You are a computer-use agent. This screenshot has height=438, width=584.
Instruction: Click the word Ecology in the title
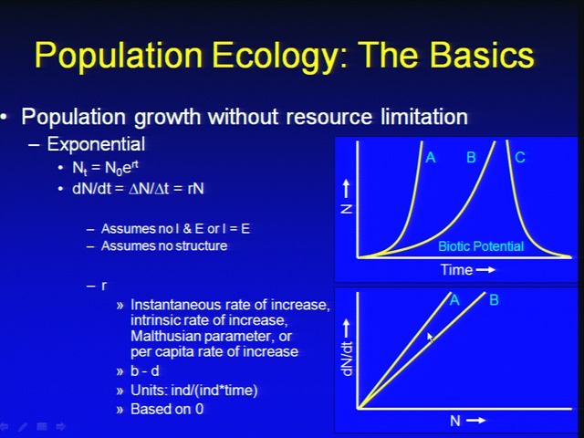(276, 56)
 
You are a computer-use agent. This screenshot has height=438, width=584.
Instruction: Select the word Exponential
(96, 144)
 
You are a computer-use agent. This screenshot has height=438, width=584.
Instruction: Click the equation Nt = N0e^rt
(106, 168)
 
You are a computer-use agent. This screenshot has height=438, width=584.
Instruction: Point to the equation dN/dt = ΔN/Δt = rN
(138, 189)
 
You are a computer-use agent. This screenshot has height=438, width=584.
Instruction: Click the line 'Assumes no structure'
(164, 245)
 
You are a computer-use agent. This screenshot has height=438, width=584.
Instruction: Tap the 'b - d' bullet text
(145, 371)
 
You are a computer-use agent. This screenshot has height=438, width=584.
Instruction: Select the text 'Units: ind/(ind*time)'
(194, 391)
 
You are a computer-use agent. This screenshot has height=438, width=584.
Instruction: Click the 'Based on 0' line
(167, 409)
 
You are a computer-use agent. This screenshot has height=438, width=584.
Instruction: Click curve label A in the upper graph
(431, 158)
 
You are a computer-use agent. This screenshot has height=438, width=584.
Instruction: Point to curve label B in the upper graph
(471, 158)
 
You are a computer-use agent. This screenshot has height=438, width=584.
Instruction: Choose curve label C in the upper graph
(520, 158)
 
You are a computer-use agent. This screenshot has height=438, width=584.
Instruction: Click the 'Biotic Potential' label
(481, 246)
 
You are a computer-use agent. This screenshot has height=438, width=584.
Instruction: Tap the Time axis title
(456, 270)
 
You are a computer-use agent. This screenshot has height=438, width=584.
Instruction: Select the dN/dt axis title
(347, 359)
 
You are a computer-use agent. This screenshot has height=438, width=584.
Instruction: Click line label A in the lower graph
(454, 300)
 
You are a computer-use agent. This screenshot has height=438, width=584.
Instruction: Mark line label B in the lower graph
(494, 300)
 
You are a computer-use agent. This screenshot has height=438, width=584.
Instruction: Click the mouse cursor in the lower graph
(430, 338)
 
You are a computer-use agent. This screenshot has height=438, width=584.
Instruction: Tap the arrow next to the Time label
(485, 270)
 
